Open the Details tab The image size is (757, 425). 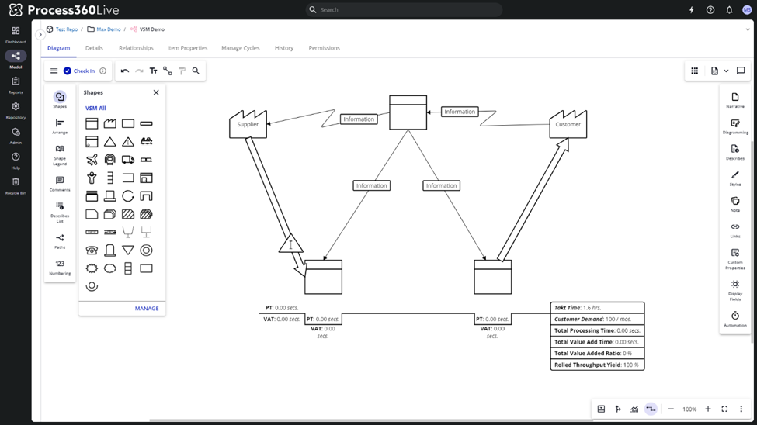point(94,48)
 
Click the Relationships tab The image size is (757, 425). point(136,48)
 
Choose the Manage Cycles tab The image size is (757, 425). point(241,48)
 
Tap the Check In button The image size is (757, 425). point(79,71)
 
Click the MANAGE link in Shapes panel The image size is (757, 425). point(147,309)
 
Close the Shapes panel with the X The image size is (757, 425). point(156,92)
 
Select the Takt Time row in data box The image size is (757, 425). point(597,308)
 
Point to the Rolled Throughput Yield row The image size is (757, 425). point(597,365)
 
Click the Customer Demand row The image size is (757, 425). point(597,319)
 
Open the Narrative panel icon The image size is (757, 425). point(734,100)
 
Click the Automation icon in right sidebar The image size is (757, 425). point(734,319)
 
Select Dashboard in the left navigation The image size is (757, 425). point(16,34)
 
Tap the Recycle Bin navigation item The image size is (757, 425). point(16,185)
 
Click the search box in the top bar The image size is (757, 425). point(404,10)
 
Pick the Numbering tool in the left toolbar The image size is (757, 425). point(60,268)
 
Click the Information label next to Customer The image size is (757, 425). point(460,112)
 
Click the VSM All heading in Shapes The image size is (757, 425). point(95,109)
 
